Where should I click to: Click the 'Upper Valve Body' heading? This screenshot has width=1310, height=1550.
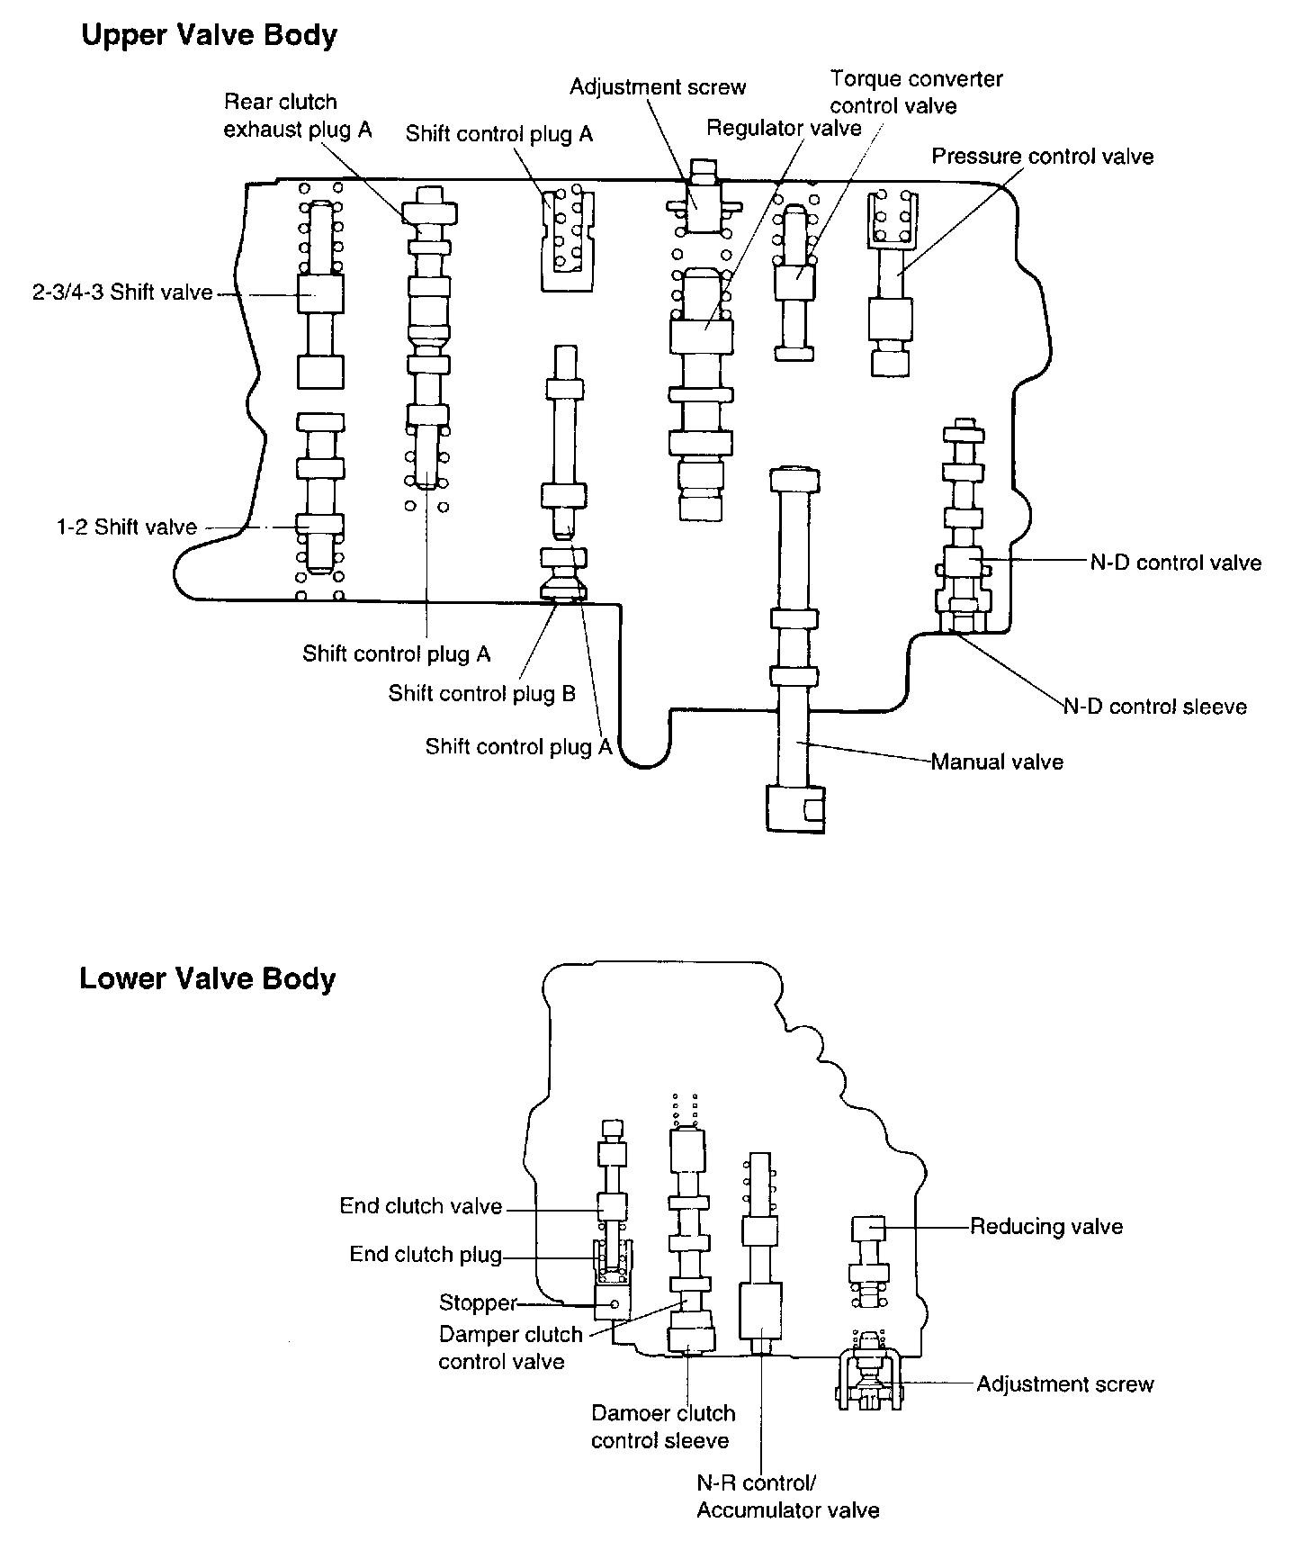209,36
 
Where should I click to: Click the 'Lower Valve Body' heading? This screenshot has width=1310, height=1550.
207,978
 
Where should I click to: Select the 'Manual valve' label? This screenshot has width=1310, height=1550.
997,762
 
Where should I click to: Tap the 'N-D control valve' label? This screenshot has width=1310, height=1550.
1176,563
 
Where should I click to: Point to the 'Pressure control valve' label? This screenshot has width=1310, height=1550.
1042,157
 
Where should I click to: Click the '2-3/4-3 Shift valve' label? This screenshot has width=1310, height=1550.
122,293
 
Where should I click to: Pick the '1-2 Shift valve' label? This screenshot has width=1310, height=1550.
127,527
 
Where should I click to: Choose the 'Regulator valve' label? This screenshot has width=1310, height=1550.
784,128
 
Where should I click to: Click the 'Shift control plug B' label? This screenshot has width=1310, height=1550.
481,693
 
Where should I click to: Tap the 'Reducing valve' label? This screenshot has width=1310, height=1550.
1046,1226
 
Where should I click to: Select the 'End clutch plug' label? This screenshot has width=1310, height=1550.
426,1255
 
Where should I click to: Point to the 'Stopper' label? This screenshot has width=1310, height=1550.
478,1302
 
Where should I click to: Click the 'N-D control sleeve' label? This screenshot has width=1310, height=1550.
1156,707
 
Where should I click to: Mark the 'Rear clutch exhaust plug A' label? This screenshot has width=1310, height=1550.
297,115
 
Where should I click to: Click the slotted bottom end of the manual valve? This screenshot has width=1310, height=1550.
794,807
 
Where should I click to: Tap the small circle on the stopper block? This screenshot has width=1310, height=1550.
615,1303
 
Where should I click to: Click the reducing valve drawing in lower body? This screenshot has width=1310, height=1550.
868,1260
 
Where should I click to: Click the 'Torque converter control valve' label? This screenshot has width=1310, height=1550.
916,92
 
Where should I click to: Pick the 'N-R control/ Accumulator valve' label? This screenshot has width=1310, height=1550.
787,1496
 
